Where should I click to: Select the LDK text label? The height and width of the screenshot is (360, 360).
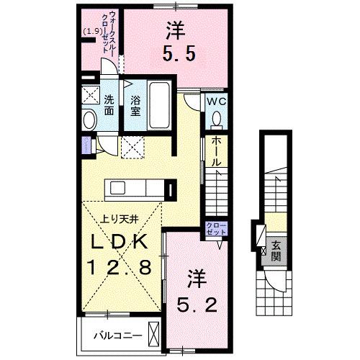tap(120, 243)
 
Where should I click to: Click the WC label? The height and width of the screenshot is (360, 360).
tap(217, 102)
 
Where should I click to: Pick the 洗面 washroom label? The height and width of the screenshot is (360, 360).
tap(109, 104)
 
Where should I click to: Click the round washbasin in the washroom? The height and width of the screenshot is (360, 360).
tap(90, 120)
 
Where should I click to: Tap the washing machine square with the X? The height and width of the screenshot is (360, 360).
tap(91, 95)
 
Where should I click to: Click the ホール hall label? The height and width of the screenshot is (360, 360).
tap(215, 153)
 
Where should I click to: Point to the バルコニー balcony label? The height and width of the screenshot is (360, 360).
tap(114, 335)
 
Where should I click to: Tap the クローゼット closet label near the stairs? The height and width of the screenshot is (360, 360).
tap(217, 230)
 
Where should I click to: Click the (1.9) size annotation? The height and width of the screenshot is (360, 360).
tap(92, 31)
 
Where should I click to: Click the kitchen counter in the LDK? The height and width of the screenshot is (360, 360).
tap(136, 188)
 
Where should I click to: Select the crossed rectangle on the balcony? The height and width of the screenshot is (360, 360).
tap(155, 335)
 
